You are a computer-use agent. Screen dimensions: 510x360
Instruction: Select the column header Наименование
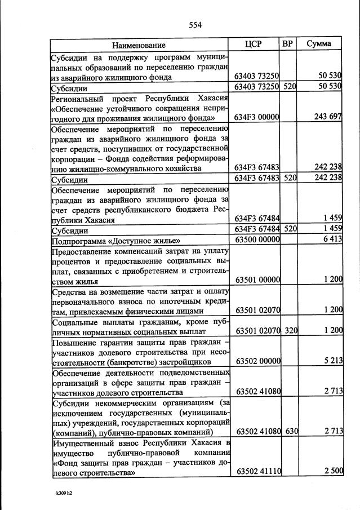tap(139, 45)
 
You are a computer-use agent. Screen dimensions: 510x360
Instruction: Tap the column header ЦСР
tap(255, 44)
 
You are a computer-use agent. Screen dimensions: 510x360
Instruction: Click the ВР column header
tap(288, 44)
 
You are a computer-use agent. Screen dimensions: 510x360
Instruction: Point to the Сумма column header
tap(319, 44)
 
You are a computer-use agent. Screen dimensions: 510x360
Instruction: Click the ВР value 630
tap(290, 431)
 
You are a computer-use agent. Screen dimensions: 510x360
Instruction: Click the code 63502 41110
tap(257, 471)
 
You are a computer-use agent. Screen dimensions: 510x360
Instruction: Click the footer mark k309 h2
tap(65, 493)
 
